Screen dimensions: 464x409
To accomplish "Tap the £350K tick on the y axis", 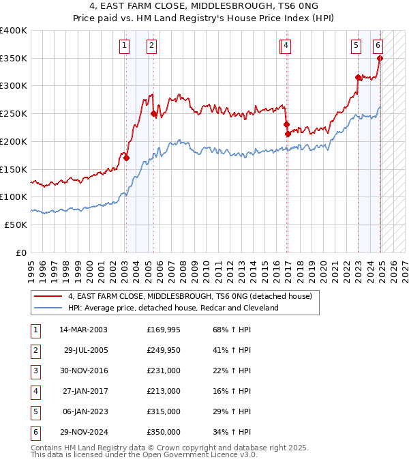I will pyautogui.click(x=14, y=58).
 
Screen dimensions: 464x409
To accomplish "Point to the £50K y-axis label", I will pyautogui.click(x=16, y=224).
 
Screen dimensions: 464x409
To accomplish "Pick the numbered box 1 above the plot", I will pyautogui.click(x=125, y=46).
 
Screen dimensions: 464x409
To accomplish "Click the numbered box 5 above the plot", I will pyautogui.click(x=357, y=46).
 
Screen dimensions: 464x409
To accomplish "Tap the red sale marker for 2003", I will pyautogui.click(x=127, y=158).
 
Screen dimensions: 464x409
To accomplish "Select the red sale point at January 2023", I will pyautogui.click(x=359, y=78).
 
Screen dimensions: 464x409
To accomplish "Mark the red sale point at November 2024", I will pyautogui.click(x=380, y=59).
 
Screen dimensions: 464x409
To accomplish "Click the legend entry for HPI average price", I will pyautogui.click(x=173, y=308).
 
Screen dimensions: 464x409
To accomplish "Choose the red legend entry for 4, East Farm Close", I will pyautogui.click(x=190, y=296).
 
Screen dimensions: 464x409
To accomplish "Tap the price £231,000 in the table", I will pyautogui.click(x=164, y=371).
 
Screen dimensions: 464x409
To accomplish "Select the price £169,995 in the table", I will pyautogui.click(x=164, y=330).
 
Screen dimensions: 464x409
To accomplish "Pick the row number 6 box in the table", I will pyautogui.click(x=34, y=432).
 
